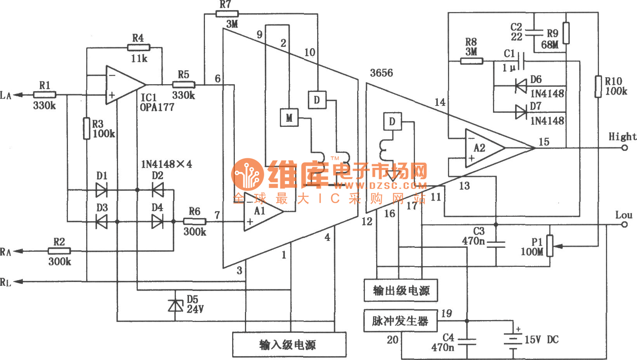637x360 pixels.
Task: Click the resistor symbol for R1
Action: (x=45, y=95)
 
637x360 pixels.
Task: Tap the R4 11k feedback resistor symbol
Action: (x=139, y=48)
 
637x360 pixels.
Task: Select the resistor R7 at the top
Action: (x=227, y=14)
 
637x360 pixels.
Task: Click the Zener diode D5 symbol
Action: (x=175, y=306)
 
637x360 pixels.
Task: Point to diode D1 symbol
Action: (x=102, y=190)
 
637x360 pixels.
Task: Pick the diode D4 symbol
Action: (x=157, y=222)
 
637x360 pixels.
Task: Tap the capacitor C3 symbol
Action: (x=496, y=244)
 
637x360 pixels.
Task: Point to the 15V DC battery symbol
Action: (x=513, y=340)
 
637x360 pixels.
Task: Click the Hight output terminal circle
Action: (x=624, y=148)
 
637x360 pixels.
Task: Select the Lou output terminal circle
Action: (x=624, y=225)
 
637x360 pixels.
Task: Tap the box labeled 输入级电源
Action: (x=289, y=344)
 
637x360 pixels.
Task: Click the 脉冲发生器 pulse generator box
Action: (x=400, y=321)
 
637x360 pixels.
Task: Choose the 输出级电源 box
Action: (x=401, y=290)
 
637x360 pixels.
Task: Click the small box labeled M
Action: (x=289, y=118)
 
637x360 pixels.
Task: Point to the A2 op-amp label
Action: (x=479, y=148)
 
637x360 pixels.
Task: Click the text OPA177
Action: (x=157, y=107)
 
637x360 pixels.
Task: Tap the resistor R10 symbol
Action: (x=598, y=87)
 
